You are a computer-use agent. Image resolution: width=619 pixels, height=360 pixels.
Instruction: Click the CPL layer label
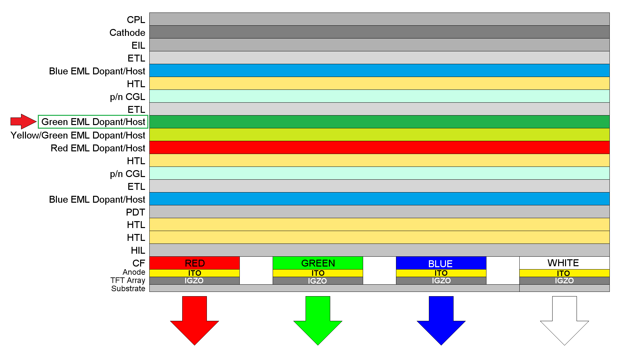tap(136, 20)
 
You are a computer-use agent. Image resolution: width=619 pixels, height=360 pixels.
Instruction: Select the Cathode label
tap(127, 33)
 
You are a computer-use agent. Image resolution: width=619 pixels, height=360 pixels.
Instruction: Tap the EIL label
tap(138, 45)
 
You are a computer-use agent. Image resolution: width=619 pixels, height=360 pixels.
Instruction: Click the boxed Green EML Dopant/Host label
tap(93, 122)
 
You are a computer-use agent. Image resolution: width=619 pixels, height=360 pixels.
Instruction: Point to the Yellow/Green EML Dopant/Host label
tap(78, 135)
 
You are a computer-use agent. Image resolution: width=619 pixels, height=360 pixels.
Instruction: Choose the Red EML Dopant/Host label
tap(98, 148)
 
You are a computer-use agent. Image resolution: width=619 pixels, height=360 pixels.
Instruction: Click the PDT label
tap(135, 212)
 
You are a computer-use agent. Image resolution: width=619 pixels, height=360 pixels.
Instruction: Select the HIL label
tap(138, 250)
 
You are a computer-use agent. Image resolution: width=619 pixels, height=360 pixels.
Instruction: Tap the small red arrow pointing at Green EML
tap(23, 121)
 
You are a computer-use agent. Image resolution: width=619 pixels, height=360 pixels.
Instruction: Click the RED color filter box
tap(194, 263)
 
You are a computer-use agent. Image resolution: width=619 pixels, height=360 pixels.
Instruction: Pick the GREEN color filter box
tap(318, 263)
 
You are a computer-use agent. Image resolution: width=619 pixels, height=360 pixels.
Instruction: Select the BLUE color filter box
tap(441, 263)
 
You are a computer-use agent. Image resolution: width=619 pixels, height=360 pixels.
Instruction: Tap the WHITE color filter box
tap(564, 263)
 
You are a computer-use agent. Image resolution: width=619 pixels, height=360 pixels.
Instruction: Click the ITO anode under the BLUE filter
tap(441, 273)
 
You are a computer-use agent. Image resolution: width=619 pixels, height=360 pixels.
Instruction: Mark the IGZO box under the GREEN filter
tap(318, 281)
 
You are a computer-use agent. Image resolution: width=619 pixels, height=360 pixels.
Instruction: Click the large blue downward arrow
tap(441, 321)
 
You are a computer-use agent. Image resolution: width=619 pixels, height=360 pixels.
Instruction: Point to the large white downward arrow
tap(564, 321)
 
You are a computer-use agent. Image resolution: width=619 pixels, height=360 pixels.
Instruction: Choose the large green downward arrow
tap(318, 321)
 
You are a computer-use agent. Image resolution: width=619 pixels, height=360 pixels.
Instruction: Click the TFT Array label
tap(128, 280)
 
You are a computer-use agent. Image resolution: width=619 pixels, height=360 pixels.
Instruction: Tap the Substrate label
tap(128, 289)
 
